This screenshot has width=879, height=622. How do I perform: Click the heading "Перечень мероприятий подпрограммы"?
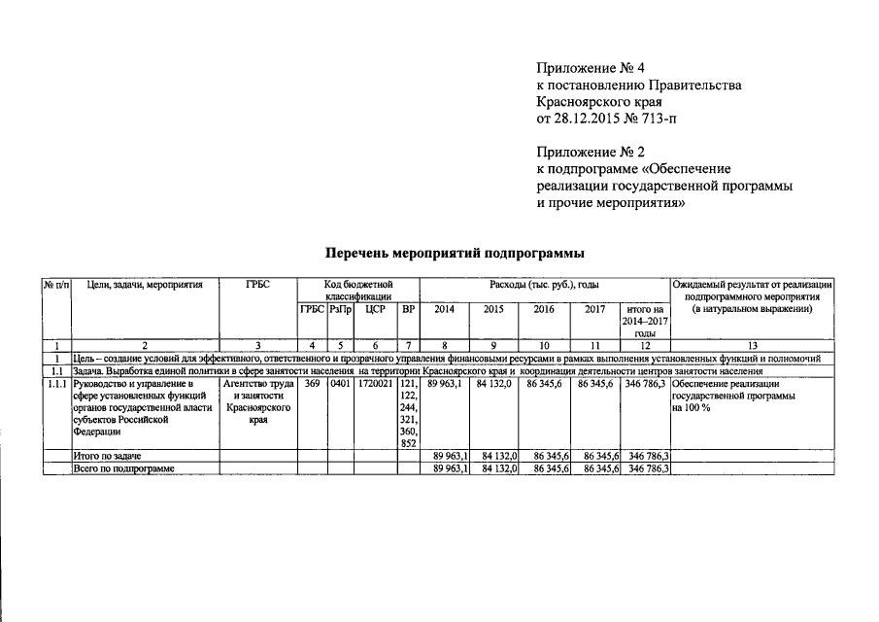454,254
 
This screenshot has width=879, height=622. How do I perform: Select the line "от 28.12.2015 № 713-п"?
603,119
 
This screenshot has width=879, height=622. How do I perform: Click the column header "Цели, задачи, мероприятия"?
145,285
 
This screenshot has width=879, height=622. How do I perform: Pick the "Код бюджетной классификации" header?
358,290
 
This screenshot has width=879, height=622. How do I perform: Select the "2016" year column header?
544,310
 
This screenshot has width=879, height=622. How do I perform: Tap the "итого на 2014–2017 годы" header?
645,321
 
